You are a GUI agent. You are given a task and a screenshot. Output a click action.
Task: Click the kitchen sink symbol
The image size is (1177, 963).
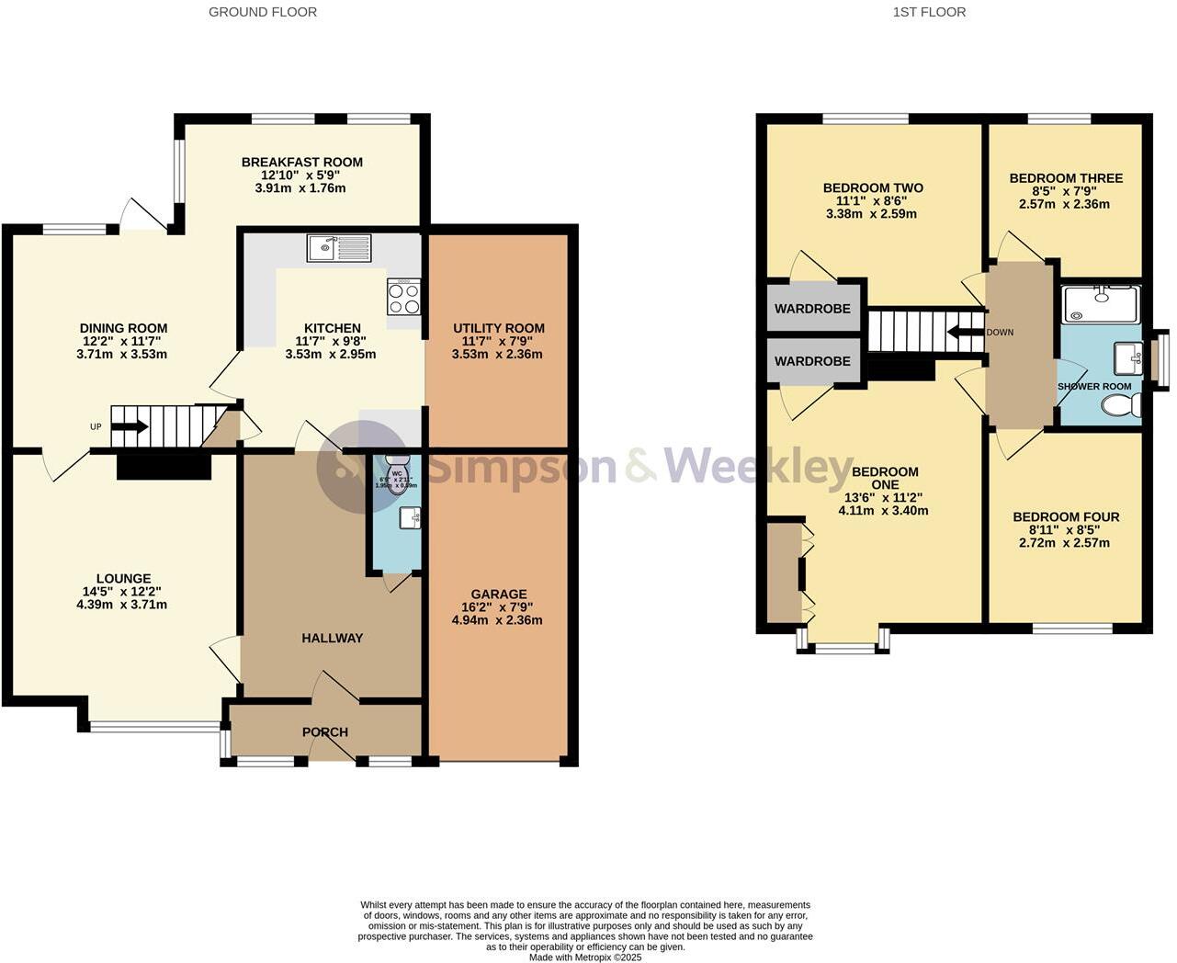click(x=340, y=247)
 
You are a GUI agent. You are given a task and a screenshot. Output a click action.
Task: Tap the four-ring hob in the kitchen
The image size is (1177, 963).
click(x=404, y=297)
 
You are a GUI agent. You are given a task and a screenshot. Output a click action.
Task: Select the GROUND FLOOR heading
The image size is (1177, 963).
click(x=263, y=12)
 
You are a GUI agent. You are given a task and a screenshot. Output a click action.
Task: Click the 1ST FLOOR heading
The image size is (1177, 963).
click(x=929, y=12)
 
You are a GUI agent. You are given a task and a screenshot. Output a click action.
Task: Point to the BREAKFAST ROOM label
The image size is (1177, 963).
click(x=301, y=163)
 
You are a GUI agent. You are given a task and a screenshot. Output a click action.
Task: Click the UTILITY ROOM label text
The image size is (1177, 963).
click(x=498, y=328)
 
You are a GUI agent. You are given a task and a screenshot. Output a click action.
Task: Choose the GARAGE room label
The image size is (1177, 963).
click(x=498, y=595)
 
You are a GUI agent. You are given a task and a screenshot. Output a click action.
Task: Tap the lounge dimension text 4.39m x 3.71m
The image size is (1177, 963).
click(x=121, y=605)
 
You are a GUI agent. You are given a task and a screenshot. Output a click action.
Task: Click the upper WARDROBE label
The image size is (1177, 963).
click(x=812, y=309)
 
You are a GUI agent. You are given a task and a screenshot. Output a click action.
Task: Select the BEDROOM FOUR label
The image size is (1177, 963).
click(x=1066, y=517)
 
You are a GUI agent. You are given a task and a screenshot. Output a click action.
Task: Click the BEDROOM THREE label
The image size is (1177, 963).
click(x=1066, y=178)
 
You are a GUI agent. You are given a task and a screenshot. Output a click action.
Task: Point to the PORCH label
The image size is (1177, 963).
click(x=325, y=732)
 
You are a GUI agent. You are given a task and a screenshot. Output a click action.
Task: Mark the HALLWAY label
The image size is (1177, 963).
click(x=332, y=638)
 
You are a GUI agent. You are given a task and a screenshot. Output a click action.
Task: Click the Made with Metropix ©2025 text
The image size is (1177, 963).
click(x=585, y=957)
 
